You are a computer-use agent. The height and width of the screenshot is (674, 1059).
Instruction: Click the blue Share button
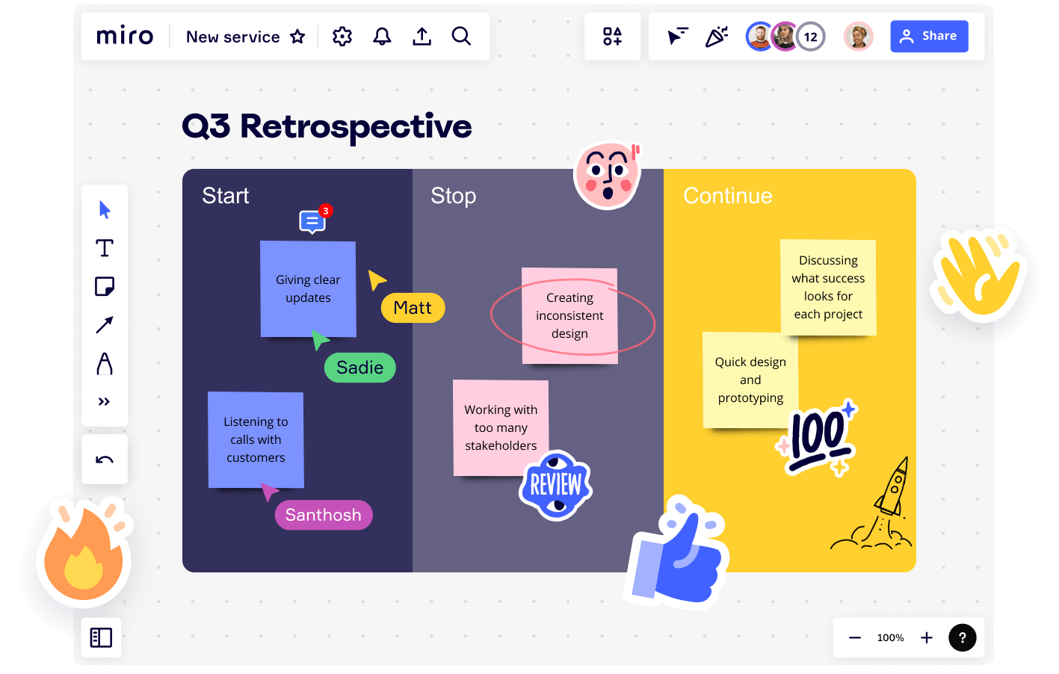(x=929, y=36)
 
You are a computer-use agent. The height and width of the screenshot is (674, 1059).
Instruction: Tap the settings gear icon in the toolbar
(x=342, y=36)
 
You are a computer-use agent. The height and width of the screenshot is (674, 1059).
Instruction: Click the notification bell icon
(x=382, y=36)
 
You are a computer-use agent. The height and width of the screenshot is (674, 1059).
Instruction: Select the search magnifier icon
(x=461, y=36)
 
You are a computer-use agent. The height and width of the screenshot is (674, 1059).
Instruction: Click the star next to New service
(x=297, y=37)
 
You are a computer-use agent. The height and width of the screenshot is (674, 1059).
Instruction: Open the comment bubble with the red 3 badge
(x=312, y=221)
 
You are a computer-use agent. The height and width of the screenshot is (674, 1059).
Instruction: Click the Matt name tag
(x=413, y=308)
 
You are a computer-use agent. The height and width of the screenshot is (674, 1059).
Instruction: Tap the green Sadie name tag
(x=359, y=368)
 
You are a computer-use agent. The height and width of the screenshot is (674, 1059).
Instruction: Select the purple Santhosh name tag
(x=323, y=515)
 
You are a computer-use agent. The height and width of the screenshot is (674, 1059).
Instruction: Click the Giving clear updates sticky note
(x=308, y=288)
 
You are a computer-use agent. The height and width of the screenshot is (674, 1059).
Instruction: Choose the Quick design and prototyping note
(x=750, y=380)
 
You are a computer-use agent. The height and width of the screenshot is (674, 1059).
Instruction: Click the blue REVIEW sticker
(x=555, y=486)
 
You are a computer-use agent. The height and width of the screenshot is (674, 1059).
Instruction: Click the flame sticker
(x=83, y=557)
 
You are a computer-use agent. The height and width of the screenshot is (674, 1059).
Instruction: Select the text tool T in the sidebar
(x=105, y=248)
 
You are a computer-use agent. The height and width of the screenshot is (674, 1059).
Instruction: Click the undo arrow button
(x=105, y=460)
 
